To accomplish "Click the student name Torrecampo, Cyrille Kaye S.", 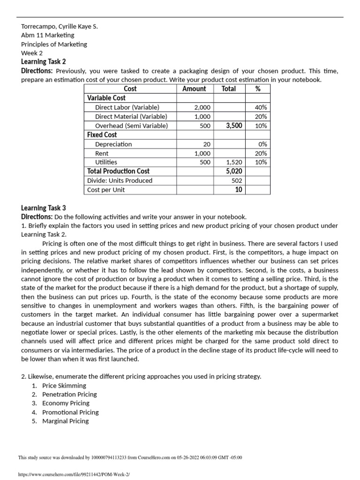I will point(60,26).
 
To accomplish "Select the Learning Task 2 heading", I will point(44,62).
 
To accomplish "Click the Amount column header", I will point(194,89).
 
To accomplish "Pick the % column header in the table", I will point(257,89).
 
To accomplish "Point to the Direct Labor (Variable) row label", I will point(127,107).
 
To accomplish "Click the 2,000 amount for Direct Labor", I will point(202,107).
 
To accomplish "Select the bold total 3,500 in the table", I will point(233,126).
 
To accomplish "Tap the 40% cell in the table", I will point(261,107).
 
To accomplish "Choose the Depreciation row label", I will point(113,144).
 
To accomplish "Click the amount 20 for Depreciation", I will point(207,144).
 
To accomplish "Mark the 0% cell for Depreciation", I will point(262,144).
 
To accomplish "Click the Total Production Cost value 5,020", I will point(233,171).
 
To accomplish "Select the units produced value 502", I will point(237,180).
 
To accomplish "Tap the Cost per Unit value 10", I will point(239,189).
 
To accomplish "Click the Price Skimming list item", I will point(64,385).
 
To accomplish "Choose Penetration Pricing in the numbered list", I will point(69,394).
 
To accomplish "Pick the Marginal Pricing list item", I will point(65,421).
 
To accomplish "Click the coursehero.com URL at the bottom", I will point(73,474).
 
